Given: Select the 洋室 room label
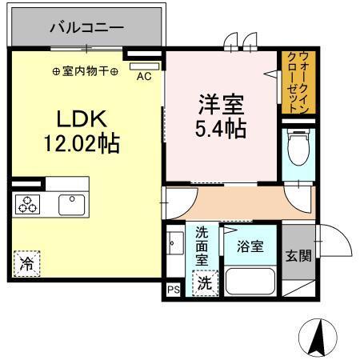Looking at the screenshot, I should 220,105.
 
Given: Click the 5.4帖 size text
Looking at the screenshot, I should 220,127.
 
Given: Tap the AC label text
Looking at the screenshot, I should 144,77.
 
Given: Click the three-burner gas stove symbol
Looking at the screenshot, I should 26,204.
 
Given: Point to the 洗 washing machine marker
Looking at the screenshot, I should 205,282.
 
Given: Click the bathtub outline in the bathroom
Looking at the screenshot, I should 250,282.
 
